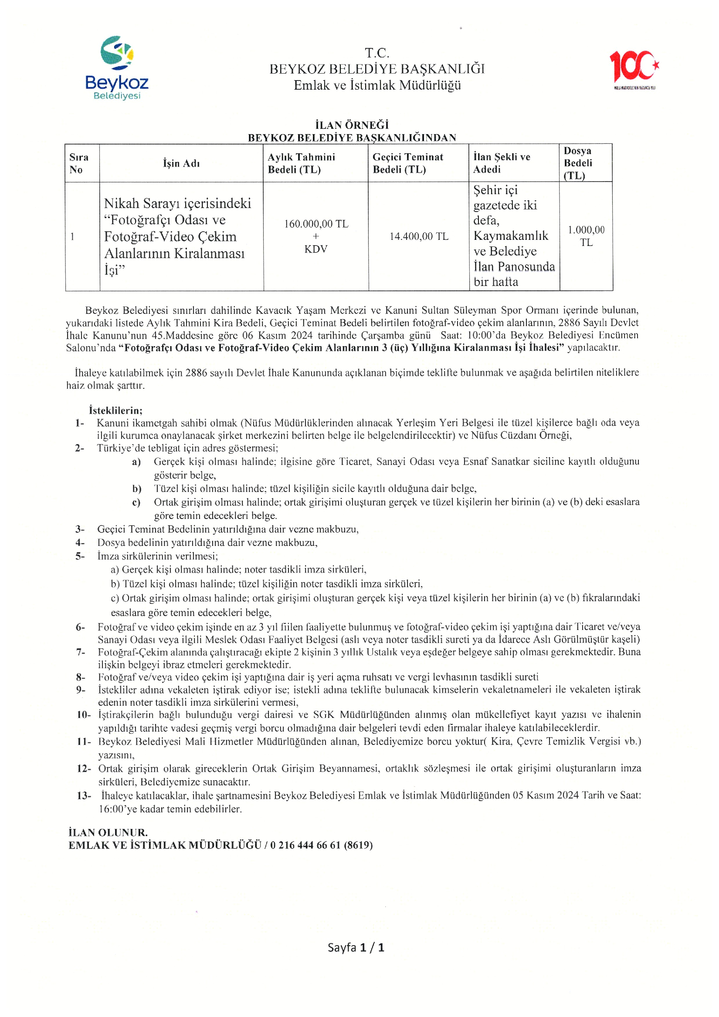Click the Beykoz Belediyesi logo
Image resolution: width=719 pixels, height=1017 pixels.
pos(117,68)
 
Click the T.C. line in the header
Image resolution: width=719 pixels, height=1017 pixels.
pos(377,53)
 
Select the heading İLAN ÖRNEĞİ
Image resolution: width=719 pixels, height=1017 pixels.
pos(352,125)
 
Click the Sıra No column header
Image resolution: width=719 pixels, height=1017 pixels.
pos(79,163)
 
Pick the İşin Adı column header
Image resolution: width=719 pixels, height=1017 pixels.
pos(181,163)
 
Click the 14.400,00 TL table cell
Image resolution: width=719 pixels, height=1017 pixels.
pos(419,236)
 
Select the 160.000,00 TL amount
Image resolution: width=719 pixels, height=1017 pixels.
pos(316,224)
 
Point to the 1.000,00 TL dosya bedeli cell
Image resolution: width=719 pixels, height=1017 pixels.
pos(586,236)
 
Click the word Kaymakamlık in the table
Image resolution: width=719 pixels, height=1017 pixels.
pos(511,236)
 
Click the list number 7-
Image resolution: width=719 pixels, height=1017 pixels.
pos(81,652)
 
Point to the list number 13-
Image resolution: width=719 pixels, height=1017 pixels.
pos(84,795)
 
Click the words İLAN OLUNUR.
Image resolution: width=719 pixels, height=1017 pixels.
pos(108,832)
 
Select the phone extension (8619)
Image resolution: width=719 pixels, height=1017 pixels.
pos(358,845)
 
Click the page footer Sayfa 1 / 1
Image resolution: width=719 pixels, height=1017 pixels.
pos(356,947)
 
